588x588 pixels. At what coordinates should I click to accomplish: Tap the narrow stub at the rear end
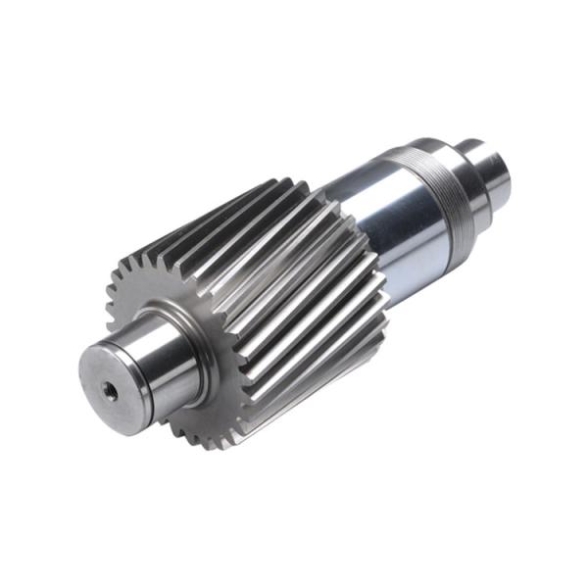tap(495, 167)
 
